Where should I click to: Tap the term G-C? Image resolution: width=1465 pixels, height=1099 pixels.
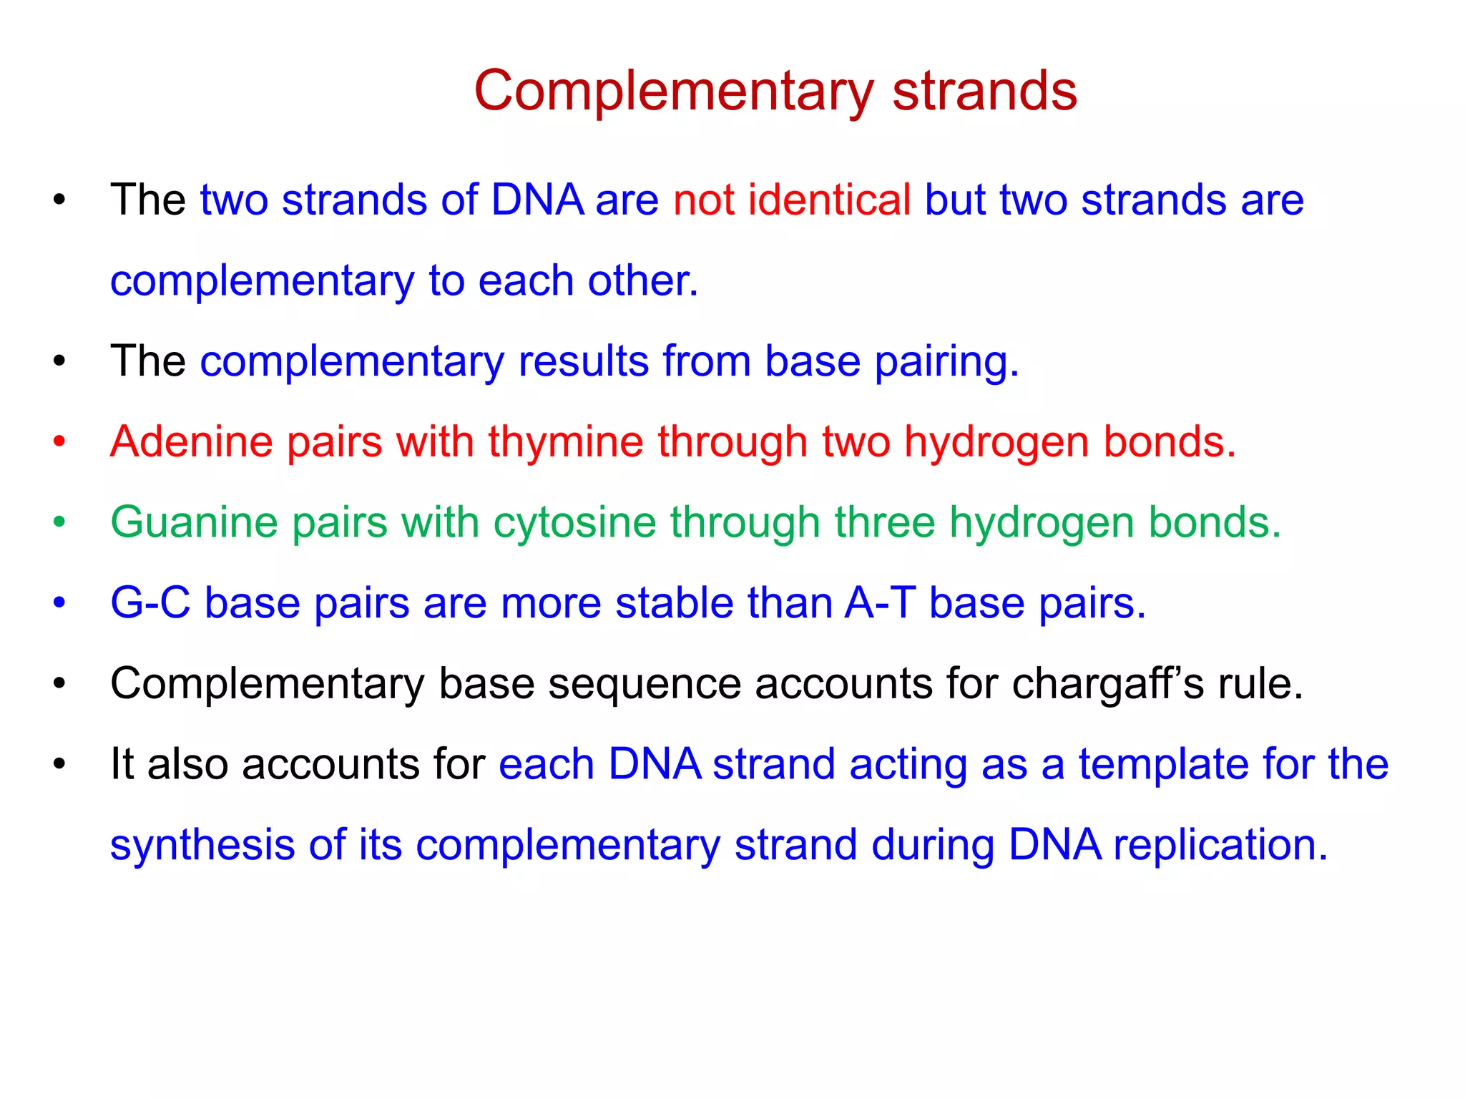click(x=150, y=602)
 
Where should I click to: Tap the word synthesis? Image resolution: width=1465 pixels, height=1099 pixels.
click(x=202, y=845)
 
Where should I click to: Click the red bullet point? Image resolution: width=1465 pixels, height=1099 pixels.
click(x=59, y=441)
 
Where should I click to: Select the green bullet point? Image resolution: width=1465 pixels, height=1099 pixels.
click(x=59, y=522)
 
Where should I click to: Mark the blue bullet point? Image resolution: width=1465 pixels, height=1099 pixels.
click(x=59, y=602)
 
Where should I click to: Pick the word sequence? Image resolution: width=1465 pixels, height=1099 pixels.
click(x=645, y=683)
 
